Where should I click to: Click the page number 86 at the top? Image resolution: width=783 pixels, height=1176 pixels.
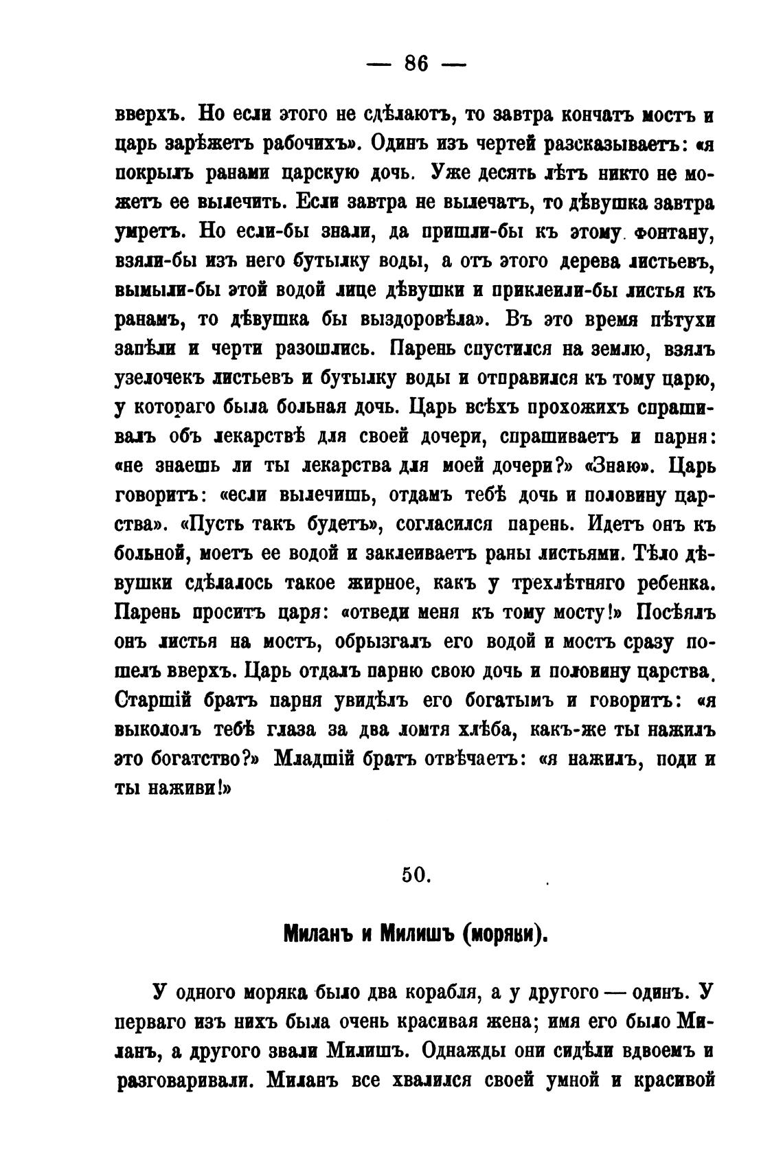416,64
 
